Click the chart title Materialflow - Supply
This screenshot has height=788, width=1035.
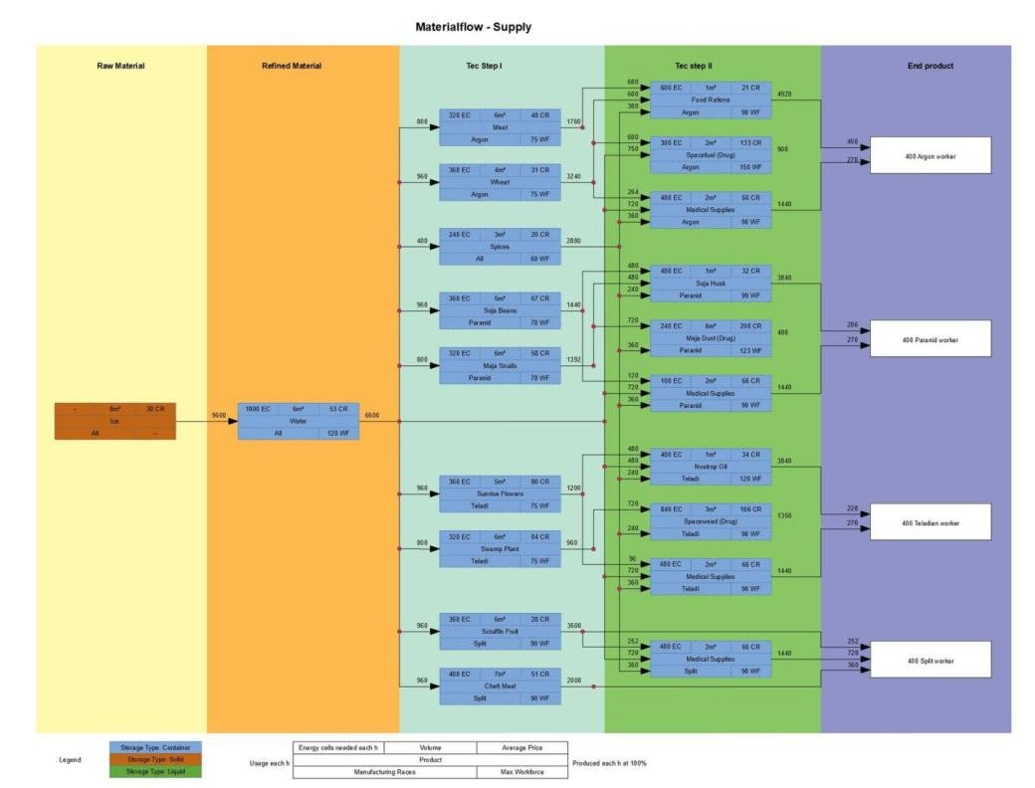click(x=473, y=27)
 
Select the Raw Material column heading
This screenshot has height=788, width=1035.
click(x=120, y=66)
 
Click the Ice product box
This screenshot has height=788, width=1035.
click(x=114, y=421)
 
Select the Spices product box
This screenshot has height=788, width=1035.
click(x=500, y=246)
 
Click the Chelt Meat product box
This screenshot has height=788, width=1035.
click(x=500, y=686)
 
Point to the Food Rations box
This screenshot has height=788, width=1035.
click(x=710, y=100)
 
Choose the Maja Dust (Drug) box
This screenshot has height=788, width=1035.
click(x=710, y=338)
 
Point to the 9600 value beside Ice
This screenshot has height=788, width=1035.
click(x=219, y=415)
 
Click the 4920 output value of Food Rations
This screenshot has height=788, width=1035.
click(x=784, y=94)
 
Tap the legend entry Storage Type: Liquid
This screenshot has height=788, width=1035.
click(x=154, y=771)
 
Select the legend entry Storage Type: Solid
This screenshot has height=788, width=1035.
click(x=154, y=759)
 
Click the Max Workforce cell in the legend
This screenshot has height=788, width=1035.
click(x=521, y=772)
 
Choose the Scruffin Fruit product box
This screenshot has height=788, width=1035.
click(x=500, y=631)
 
